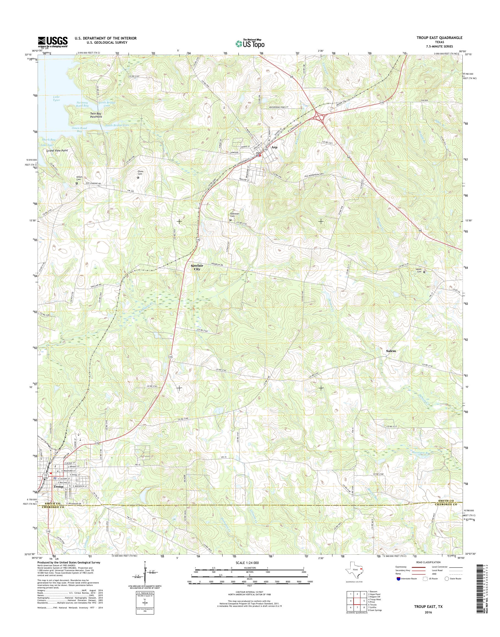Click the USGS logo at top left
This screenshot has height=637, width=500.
[53, 42]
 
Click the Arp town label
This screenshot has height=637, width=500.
[274, 147]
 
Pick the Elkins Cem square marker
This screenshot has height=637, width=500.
[138, 177]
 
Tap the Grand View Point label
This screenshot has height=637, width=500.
[57, 150]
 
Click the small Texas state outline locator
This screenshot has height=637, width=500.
[355, 570]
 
